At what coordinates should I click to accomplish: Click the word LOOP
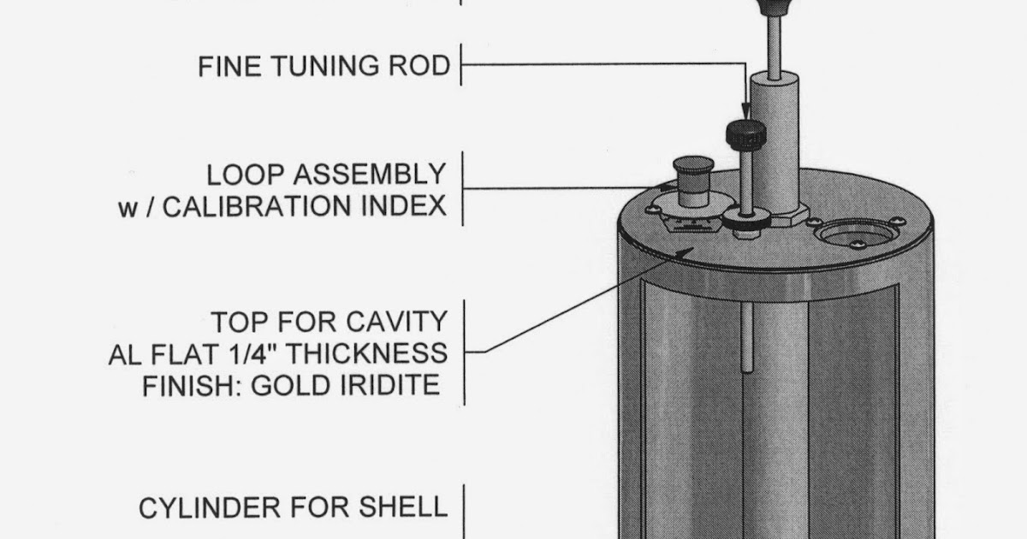pyautogui.click(x=245, y=175)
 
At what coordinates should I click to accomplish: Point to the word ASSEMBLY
pyautogui.click(x=370, y=175)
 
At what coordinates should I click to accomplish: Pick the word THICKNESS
pyautogui.click(x=372, y=353)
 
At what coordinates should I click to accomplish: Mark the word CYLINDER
pyautogui.click(x=211, y=507)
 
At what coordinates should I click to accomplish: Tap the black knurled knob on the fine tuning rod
pyautogui.click(x=744, y=133)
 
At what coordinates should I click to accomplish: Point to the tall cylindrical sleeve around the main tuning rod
pyautogui.click(x=775, y=141)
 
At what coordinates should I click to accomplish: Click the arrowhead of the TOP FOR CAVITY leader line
pyautogui.click(x=683, y=251)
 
